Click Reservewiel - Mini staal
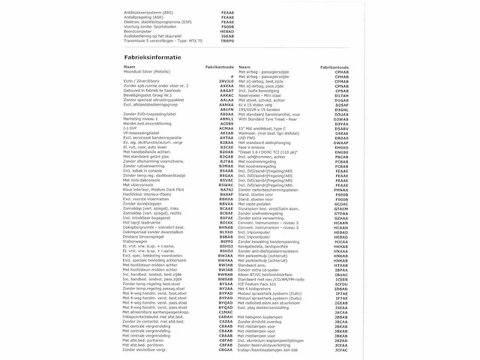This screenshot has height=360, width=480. tap(271, 95)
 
